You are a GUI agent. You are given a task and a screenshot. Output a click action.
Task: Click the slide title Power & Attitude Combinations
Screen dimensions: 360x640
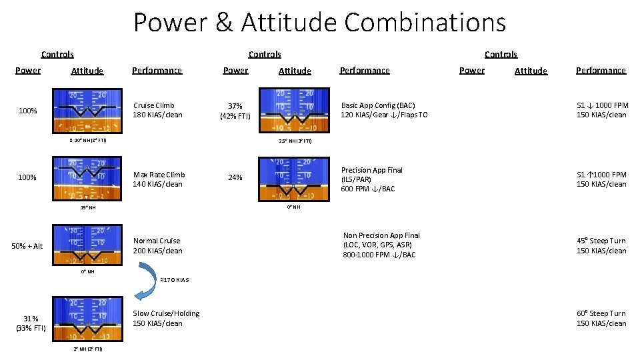(319, 22)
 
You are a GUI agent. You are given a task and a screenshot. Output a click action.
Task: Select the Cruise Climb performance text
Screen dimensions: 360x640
(157, 110)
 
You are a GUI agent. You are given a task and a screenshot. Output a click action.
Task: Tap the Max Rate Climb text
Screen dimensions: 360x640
(158, 179)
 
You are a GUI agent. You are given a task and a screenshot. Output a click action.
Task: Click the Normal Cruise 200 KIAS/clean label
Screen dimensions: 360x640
(157, 245)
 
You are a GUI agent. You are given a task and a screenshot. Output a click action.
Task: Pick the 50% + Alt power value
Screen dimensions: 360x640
(27, 246)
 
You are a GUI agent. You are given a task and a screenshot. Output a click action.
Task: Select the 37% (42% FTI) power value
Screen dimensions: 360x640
(235, 111)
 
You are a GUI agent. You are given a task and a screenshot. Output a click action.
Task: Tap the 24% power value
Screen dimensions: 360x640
(235, 177)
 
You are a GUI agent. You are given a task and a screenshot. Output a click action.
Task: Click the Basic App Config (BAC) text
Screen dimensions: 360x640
(384, 110)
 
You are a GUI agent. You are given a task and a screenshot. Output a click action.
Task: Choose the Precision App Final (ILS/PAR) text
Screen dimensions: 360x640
(372, 179)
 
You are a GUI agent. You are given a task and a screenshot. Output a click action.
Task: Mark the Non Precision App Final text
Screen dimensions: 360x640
(381, 245)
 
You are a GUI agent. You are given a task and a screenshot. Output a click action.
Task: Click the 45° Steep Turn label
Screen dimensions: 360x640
(601, 245)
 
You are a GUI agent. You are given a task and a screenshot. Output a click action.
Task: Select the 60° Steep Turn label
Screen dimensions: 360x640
(601, 318)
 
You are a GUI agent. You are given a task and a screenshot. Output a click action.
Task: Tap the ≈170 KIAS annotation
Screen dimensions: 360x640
(175, 280)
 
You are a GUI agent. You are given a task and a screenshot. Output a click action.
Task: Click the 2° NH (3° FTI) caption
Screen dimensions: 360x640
(87, 349)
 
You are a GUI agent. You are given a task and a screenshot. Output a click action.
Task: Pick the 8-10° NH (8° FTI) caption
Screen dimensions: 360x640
(87, 141)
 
